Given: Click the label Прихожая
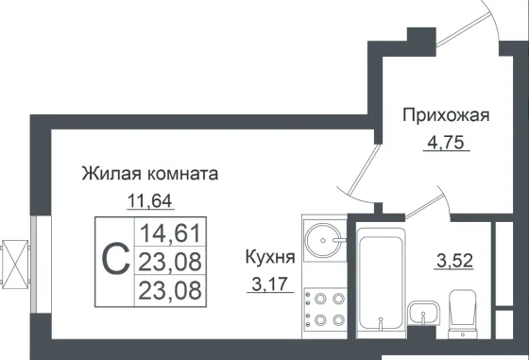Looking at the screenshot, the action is click(x=446, y=115).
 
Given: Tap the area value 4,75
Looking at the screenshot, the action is click(x=446, y=143).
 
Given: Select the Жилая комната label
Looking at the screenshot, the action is click(x=150, y=174).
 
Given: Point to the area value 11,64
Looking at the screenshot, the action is click(x=150, y=201).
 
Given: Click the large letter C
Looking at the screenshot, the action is click(x=115, y=259).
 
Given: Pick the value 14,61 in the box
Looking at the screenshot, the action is click(x=170, y=233).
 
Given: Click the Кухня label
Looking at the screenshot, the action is click(x=270, y=257).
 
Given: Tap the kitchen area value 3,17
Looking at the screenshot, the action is click(x=270, y=285).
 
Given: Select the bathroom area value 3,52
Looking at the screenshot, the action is click(x=455, y=261).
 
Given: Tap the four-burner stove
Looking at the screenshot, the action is click(x=325, y=309).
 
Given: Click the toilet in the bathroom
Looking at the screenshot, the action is click(x=463, y=315).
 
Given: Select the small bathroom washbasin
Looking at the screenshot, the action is click(x=423, y=314).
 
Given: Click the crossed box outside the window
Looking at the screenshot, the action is click(x=15, y=265).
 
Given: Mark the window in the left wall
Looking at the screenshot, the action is click(x=33, y=264).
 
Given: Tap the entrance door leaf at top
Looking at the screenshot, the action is click(x=463, y=29).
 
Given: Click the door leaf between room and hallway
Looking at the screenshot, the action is click(x=364, y=170).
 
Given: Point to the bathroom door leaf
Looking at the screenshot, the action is click(x=424, y=205).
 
